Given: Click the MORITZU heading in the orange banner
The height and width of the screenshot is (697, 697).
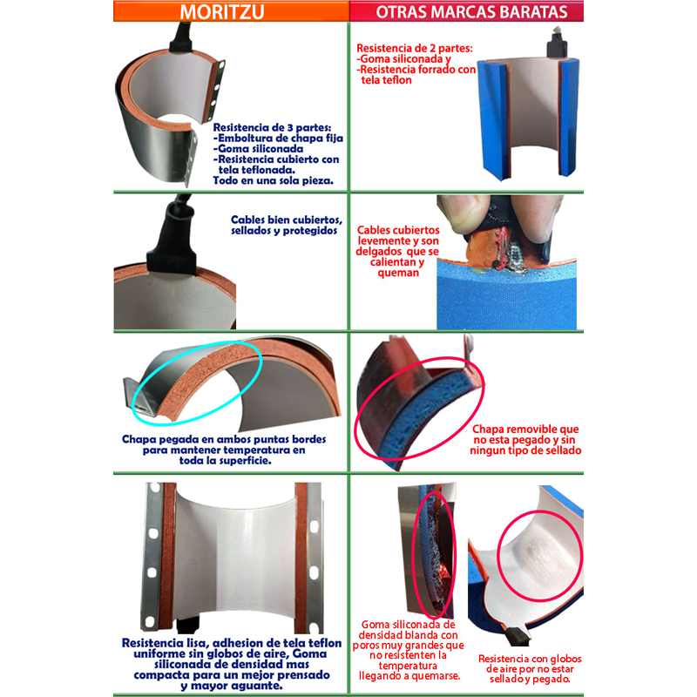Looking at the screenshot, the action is (222, 11).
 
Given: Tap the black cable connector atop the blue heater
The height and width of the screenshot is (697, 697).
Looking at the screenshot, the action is (556, 44).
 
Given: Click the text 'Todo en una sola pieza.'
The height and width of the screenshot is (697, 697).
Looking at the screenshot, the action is (273, 180).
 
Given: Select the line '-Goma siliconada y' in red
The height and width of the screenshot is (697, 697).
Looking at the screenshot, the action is (403, 59).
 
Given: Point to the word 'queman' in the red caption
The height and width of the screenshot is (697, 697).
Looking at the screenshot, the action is (398, 273).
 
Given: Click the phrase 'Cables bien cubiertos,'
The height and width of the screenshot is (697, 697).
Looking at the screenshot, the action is (287, 220).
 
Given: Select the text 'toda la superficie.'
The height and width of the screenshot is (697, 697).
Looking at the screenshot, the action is (225, 461).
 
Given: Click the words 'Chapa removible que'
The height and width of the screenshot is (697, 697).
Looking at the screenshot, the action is (525, 429).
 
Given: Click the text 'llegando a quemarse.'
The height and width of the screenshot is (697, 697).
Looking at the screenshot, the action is (409, 676).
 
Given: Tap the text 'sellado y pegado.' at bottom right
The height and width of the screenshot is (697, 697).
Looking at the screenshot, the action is (530, 679).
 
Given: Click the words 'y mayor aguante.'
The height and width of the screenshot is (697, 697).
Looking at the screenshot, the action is (232, 686).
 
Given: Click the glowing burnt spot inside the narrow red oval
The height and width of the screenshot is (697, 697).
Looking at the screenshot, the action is (443, 573).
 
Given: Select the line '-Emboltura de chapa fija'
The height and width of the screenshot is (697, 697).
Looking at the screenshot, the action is (278, 139).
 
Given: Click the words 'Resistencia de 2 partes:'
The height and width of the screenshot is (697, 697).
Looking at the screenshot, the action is (415, 48).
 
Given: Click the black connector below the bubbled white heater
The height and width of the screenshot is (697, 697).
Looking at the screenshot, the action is (516, 637).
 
